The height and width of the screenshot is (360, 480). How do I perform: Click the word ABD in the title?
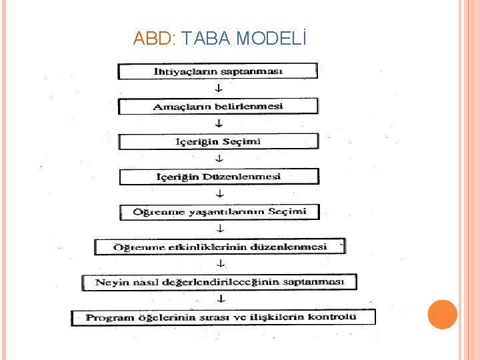[153, 39]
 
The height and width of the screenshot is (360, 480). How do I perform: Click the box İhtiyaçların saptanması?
[218, 71]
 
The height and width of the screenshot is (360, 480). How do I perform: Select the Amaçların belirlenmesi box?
[218, 106]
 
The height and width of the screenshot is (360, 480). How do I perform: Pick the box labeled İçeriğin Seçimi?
[218, 141]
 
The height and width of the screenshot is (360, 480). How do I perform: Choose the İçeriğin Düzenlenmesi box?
[219, 177]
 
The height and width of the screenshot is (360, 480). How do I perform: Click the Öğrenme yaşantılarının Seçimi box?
[220, 212]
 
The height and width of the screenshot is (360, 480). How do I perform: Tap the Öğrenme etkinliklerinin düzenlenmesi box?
[220, 247]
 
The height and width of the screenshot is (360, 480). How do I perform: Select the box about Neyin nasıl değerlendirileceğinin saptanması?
[219, 282]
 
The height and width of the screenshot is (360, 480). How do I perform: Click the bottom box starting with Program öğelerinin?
[223, 317]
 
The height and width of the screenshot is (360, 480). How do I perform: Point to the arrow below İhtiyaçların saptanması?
[219, 88]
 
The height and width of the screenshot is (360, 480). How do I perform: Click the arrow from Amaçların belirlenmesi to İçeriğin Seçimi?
[219, 123]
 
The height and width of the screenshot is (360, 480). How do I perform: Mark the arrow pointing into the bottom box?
[221, 299]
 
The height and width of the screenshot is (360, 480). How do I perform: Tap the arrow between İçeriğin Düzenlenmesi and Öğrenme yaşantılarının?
[220, 194]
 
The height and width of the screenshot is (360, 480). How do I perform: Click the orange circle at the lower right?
[442, 315]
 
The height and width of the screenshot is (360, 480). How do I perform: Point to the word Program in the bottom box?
[107, 318]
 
